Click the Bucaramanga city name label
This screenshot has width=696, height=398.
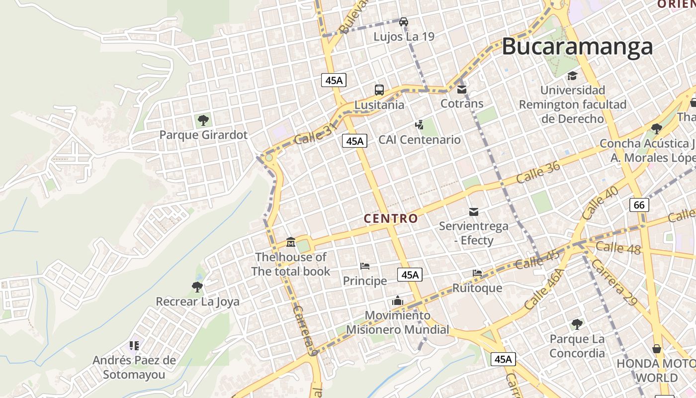click(x=577, y=47)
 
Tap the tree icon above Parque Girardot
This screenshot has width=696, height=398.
click(x=203, y=120)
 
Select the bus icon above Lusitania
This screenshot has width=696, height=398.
click(x=379, y=90)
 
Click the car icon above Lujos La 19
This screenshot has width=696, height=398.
click(x=404, y=21)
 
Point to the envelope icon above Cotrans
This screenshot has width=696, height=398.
click(x=462, y=90)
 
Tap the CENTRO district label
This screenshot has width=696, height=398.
click(x=391, y=218)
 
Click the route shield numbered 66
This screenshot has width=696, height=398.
click(x=639, y=204)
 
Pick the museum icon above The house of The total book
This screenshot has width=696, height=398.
click(x=291, y=242)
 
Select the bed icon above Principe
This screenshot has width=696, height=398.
click(x=365, y=266)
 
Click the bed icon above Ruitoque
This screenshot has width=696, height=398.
click(x=477, y=273)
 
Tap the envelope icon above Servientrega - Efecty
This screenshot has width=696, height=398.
click(x=474, y=212)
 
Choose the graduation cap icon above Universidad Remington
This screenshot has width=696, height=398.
click(x=573, y=76)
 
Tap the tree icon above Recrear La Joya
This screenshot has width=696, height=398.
click(x=197, y=287)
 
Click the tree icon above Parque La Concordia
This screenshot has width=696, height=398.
click(x=577, y=324)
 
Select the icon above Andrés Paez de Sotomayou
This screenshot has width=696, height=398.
click(x=134, y=345)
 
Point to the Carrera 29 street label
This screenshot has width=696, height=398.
click(x=614, y=282)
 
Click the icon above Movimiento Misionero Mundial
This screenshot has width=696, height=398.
click(x=397, y=300)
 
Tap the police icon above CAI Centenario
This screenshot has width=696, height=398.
click(x=420, y=125)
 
